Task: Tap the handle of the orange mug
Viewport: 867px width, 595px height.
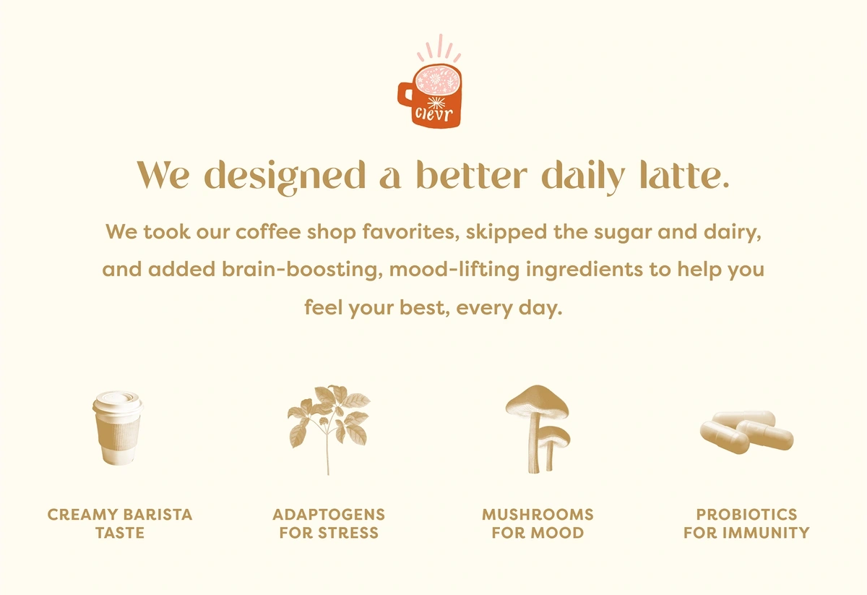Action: pyautogui.click(x=405, y=94)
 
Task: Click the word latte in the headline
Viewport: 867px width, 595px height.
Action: pyautogui.click(x=684, y=175)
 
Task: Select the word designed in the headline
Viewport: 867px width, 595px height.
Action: pyautogui.click(x=285, y=177)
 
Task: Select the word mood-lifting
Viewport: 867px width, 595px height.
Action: pyautogui.click(x=454, y=270)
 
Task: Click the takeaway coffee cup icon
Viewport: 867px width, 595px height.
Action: pyautogui.click(x=118, y=428)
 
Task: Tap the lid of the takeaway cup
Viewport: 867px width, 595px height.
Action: pyautogui.click(x=118, y=401)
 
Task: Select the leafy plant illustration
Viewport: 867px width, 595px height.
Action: pyautogui.click(x=329, y=429)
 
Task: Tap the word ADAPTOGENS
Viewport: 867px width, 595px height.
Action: pyautogui.click(x=329, y=515)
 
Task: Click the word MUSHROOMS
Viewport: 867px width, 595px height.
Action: pyautogui.click(x=538, y=515)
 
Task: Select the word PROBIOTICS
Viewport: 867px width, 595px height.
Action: pyautogui.click(x=746, y=515)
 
